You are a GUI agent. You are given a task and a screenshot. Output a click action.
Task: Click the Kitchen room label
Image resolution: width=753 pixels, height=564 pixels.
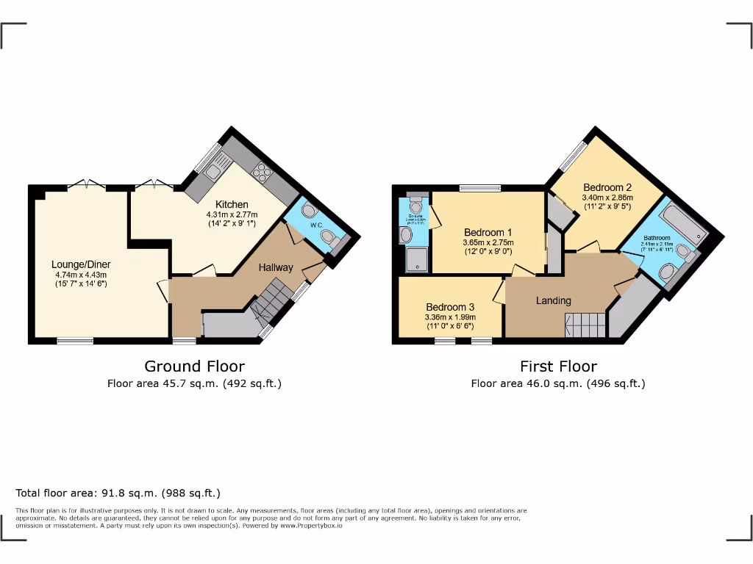pyautogui.click(x=232, y=204)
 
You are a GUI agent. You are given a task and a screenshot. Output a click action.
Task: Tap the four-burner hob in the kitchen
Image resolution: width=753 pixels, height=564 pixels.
pyautogui.click(x=261, y=173)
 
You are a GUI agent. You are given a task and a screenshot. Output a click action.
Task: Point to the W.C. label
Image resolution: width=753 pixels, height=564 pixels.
pyautogui.click(x=316, y=225)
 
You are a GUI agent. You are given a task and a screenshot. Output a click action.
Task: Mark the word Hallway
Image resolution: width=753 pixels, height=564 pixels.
pyautogui.click(x=276, y=267)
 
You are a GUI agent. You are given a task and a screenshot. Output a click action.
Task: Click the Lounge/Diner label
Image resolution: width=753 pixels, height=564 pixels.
pyautogui.click(x=81, y=264)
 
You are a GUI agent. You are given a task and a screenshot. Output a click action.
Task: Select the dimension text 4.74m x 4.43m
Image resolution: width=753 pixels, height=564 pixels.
pyautogui.click(x=81, y=275)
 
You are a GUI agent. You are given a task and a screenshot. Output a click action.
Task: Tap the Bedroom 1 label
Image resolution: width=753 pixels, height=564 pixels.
pyautogui.click(x=488, y=232)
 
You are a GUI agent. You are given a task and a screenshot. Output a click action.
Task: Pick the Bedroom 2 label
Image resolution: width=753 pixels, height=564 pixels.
pyautogui.click(x=607, y=187)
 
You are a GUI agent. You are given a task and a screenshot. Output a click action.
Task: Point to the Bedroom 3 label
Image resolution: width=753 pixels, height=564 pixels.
pyautogui.click(x=450, y=307)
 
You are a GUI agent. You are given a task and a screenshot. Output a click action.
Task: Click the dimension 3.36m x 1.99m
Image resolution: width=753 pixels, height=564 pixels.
pyautogui.click(x=449, y=317)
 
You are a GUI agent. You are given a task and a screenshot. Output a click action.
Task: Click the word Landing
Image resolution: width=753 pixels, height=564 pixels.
pyautogui.click(x=553, y=300)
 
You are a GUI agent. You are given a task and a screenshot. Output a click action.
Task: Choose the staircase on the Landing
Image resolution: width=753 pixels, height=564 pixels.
pyautogui.click(x=585, y=324)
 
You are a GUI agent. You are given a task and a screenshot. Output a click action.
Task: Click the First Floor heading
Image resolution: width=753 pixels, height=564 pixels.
pyautogui.click(x=558, y=366)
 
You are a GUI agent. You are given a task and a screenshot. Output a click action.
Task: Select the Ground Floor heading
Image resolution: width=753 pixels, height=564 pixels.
pyautogui.click(x=194, y=366)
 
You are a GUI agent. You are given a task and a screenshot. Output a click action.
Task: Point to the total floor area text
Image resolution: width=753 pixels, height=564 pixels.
pyautogui.click(x=118, y=493)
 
